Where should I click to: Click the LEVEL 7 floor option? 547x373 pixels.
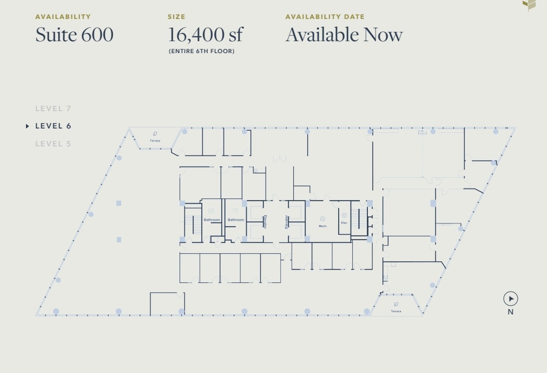(x=53, y=108)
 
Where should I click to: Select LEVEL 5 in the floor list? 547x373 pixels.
(x=53, y=144)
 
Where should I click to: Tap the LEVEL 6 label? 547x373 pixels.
(x=53, y=126)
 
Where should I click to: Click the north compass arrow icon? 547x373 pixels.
(x=510, y=298)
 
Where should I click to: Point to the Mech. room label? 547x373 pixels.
(x=323, y=226)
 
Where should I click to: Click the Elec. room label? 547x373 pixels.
(x=344, y=223)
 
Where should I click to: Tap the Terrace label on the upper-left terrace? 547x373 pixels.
(x=155, y=141)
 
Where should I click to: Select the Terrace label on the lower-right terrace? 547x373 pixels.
(x=396, y=311)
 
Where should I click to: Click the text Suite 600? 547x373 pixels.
(x=74, y=35)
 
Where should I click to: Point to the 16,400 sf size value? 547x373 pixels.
(x=205, y=35)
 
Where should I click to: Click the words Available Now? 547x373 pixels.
(x=344, y=35)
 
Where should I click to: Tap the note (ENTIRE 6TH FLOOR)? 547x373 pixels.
(x=201, y=52)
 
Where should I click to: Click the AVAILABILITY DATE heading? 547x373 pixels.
(x=325, y=17)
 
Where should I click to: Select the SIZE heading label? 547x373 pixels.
(x=176, y=17)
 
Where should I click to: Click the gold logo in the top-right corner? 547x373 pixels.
(x=529, y=5)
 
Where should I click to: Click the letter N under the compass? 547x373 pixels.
(x=510, y=312)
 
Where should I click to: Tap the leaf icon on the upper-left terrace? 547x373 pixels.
(x=155, y=133)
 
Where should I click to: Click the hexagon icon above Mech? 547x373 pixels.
(x=322, y=218)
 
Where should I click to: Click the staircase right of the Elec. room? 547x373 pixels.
(x=359, y=219)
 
